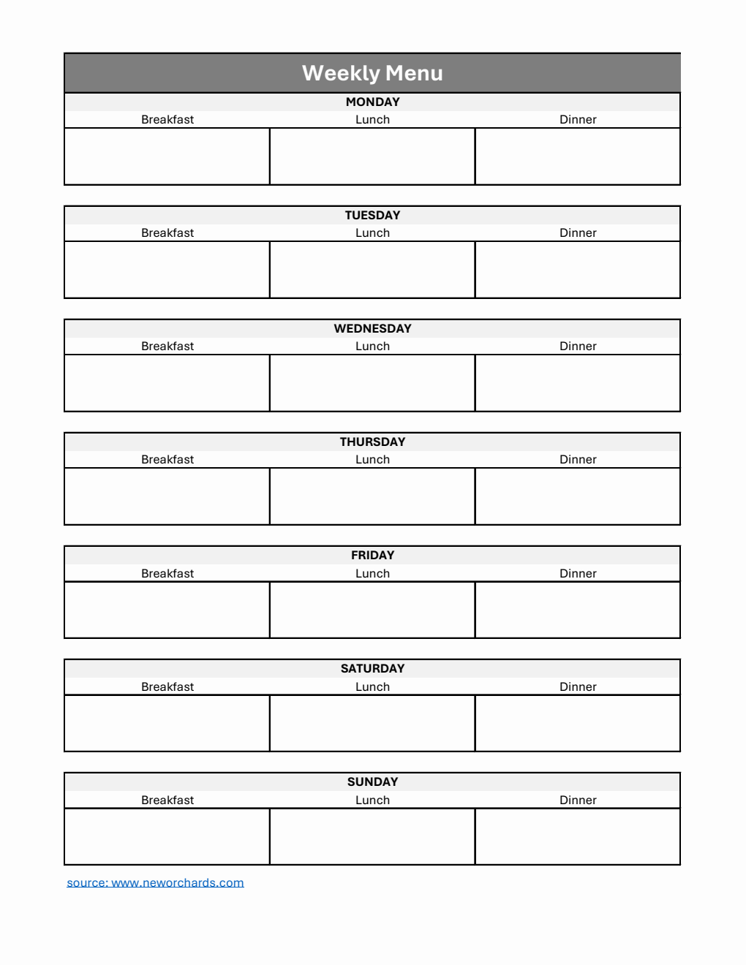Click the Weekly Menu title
pos(372,73)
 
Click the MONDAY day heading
pos(372,102)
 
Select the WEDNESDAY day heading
pos(372,328)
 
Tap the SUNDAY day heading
pos(372,782)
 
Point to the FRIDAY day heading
pos(372,555)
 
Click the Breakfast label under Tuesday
pos(167,232)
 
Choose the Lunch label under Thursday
pos(372,459)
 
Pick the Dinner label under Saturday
pos(578,686)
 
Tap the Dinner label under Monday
pos(578,119)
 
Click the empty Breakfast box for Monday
pos(167,156)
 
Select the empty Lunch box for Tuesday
pos(372,270)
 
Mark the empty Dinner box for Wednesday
pos(578,383)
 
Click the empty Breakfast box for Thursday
pos(167,496)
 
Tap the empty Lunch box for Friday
pos(372,610)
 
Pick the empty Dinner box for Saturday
pos(578,723)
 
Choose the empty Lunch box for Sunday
pos(372,836)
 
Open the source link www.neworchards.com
pos(155,882)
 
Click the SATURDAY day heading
pos(372,668)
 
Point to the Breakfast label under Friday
pos(167,573)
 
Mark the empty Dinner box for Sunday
pos(578,836)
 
